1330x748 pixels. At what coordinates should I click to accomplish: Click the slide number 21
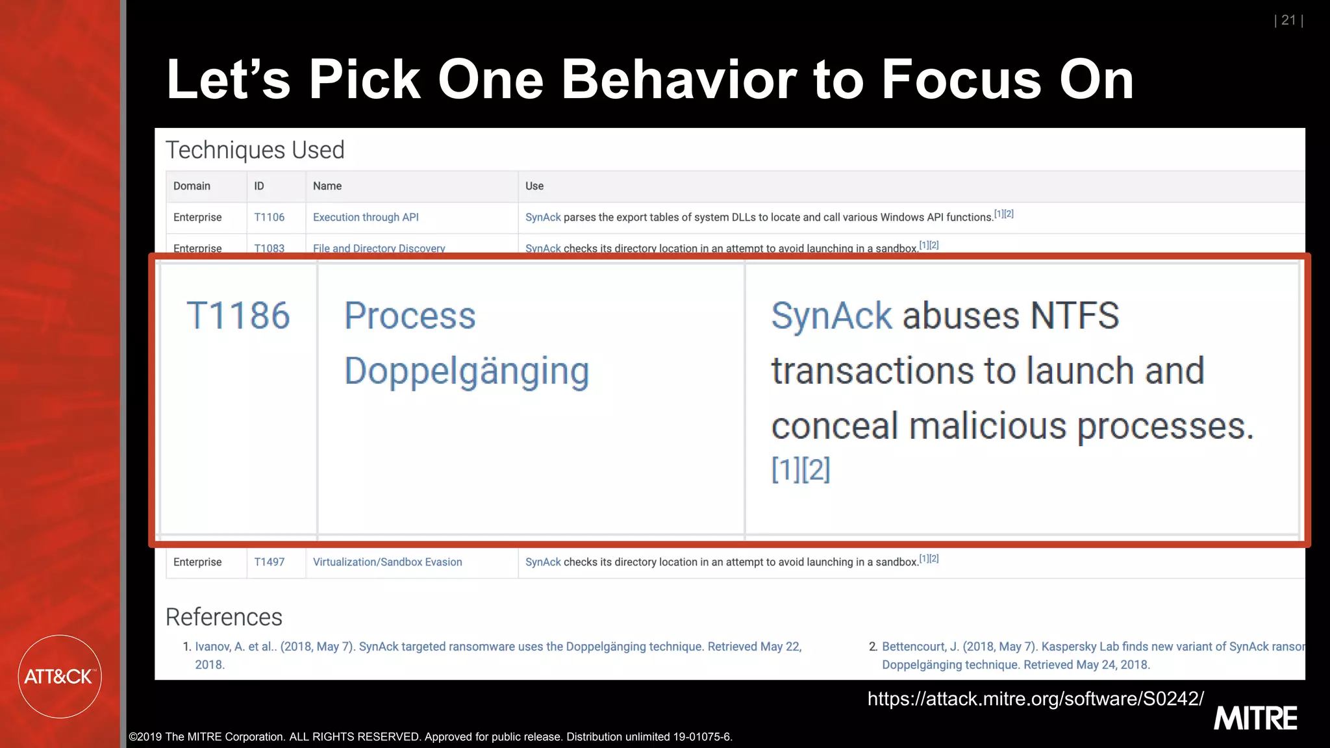click(x=1288, y=21)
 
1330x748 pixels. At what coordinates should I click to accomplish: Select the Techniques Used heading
click(x=255, y=150)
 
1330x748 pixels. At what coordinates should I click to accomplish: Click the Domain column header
click(x=192, y=186)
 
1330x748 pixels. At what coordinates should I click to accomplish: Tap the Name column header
click(x=327, y=186)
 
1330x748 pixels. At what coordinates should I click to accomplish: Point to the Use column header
click(x=534, y=186)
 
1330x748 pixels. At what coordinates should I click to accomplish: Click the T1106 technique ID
click(x=269, y=218)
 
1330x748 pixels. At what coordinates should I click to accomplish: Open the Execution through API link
click(x=366, y=218)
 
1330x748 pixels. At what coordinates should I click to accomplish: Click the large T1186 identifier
click(x=238, y=316)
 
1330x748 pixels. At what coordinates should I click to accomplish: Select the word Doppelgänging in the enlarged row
click(x=466, y=372)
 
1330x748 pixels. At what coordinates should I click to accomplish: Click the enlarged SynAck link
click(x=831, y=316)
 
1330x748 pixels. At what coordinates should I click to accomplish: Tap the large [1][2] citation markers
click(x=800, y=469)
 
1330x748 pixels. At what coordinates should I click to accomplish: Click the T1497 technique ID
click(x=269, y=562)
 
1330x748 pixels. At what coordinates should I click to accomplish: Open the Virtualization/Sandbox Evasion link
click(x=387, y=562)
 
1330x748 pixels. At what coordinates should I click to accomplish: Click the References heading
click(x=224, y=617)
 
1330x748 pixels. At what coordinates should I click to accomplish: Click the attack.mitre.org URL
click(x=1035, y=699)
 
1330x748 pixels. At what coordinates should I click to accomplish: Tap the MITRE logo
click(x=1255, y=719)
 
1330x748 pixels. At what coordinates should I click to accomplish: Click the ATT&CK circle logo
click(x=60, y=677)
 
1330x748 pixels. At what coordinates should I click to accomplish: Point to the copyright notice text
click(x=430, y=737)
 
